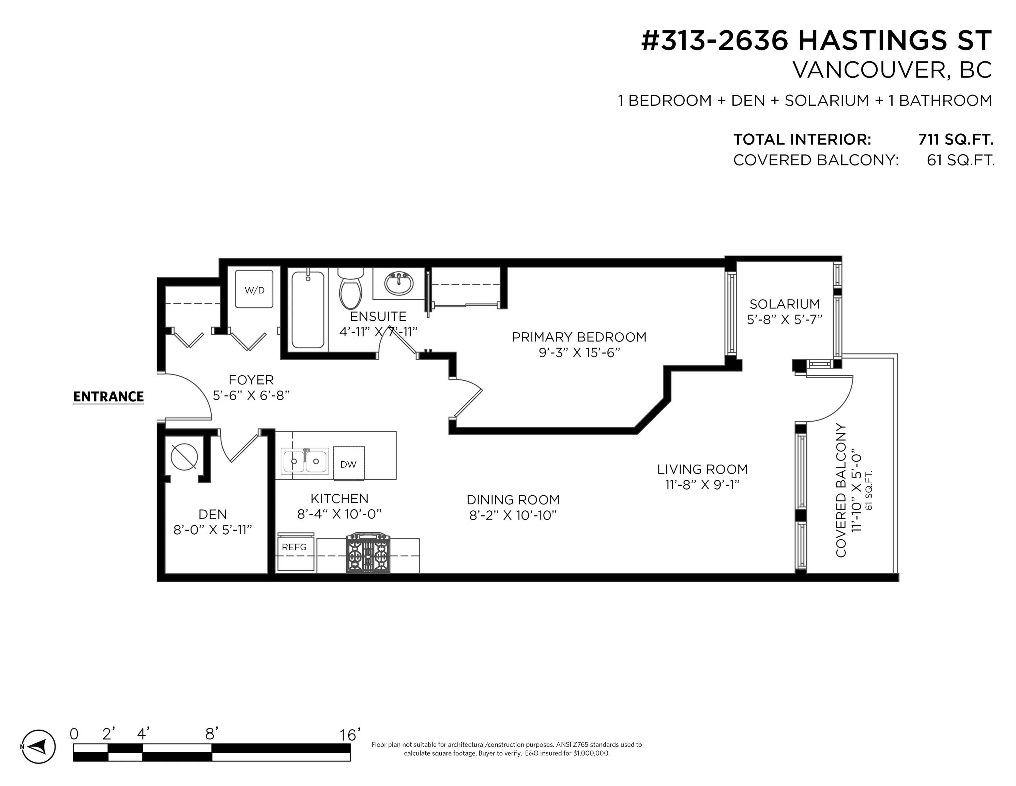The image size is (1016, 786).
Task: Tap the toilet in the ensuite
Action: [x=350, y=289]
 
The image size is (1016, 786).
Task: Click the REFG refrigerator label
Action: [x=294, y=547]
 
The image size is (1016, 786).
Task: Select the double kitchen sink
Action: [x=305, y=461]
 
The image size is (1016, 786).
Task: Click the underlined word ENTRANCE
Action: [x=108, y=397]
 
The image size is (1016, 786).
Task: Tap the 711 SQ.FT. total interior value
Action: [x=956, y=139]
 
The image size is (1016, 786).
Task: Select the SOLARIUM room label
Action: [x=785, y=304]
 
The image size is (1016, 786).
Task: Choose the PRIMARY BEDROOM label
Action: [x=579, y=337]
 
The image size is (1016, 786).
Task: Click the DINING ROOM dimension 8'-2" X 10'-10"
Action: [x=513, y=515]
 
